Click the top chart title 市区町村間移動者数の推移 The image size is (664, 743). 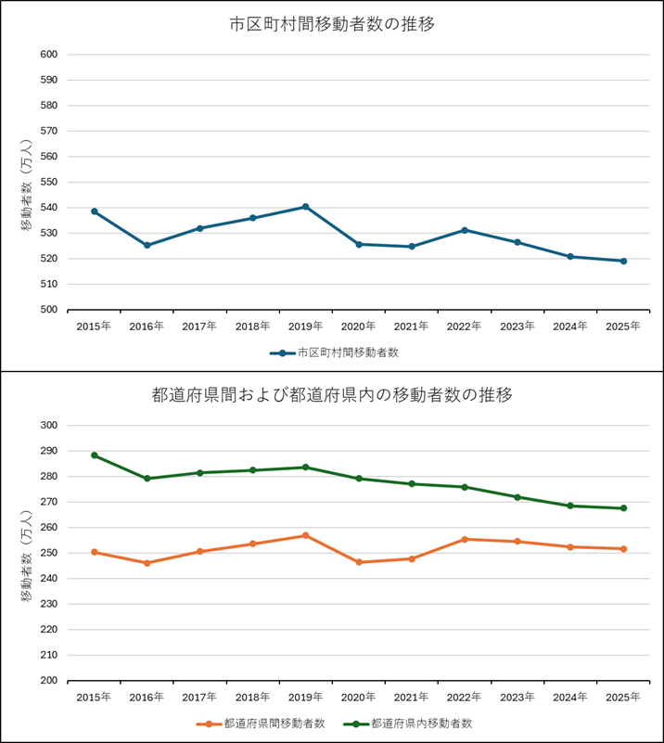(x=332, y=24)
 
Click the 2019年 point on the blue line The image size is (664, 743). (x=305, y=207)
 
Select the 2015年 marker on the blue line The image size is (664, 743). (x=95, y=211)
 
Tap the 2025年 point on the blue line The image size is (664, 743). (x=623, y=261)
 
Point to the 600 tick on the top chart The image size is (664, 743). (x=49, y=54)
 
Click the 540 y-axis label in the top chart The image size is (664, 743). (x=49, y=207)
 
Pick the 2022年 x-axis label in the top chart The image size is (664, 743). (x=464, y=327)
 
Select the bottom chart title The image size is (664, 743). (x=332, y=395)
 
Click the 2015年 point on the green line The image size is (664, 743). (x=95, y=455)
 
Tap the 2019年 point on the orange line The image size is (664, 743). (x=305, y=535)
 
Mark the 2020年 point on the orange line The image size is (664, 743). (x=359, y=562)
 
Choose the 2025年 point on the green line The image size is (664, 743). (x=623, y=508)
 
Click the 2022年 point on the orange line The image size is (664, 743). (x=464, y=539)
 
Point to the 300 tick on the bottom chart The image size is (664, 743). (x=49, y=425)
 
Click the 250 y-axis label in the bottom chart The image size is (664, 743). (x=49, y=553)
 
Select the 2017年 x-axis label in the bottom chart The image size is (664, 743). (x=199, y=697)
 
